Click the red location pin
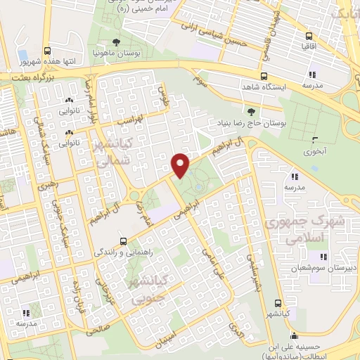tap(181, 165)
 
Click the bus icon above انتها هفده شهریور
tap(48, 51)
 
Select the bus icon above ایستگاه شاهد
tap(264, 76)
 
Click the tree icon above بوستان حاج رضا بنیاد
tap(252, 111)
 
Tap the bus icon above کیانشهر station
tap(279, 304)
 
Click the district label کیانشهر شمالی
tap(115, 153)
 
